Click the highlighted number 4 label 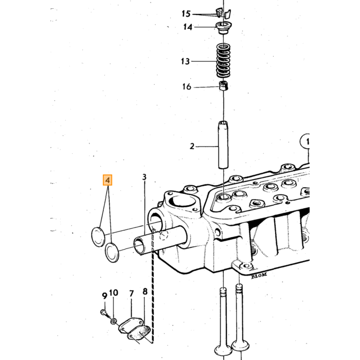tap(107, 180)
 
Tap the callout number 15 tap(186, 14)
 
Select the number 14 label tap(188, 27)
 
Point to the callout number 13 tap(185, 61)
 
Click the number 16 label tap(187, 86)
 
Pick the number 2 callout tap(192, 146)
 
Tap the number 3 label tap(144, 177)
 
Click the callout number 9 tap(104, 296)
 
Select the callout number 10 tap(114, 293)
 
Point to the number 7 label tap(131, 294)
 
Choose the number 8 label tap(145, 292)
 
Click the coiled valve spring tap(223, 61)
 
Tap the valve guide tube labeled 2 tap(223, 145)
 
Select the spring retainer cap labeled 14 tap(223, 28)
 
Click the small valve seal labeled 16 tap(224, 86)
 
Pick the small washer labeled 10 tap(114, 321)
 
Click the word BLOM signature tap(259, 275)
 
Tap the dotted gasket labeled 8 tap(139, 333)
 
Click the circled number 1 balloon tap(305, 141)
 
